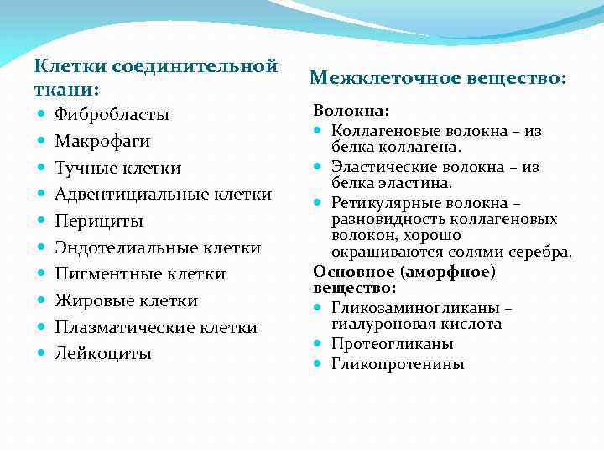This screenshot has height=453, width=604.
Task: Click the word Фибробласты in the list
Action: (112, 114)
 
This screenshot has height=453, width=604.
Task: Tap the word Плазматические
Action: (118, 327)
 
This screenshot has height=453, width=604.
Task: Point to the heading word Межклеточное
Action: (374, 78)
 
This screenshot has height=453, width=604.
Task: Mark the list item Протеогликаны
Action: (393, 344)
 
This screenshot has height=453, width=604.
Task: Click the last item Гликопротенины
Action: (398, 364)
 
